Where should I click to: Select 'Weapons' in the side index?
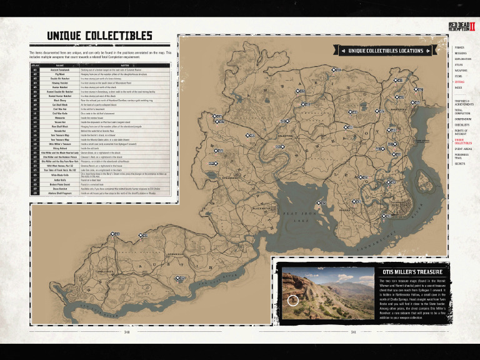click(x=461, y=71)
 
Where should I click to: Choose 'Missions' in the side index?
click(x=461, y=53)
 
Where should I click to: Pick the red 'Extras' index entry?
click(x=459, y=82)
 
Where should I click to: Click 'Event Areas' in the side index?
click(x=463, y=149)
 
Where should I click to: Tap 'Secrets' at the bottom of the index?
click(x=459, y=164)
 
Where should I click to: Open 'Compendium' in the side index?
click(x=463, y=118)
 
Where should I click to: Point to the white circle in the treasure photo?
click(x=292, y=301)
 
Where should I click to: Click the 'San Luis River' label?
click(x=219, y=282)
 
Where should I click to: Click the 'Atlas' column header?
click(x=36, y=64)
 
